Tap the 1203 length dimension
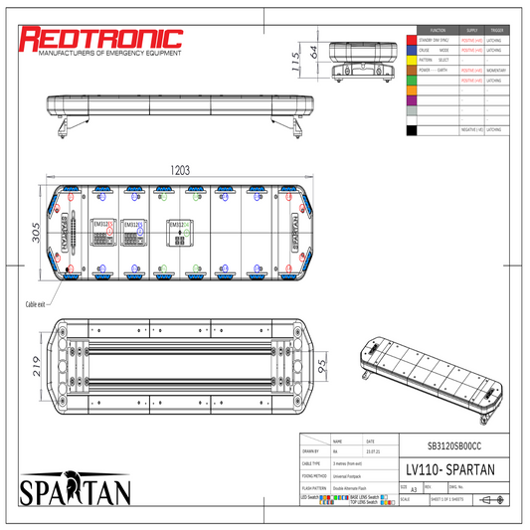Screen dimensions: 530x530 click(x=180, y=170)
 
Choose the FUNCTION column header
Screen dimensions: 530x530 click(x=438, y=31)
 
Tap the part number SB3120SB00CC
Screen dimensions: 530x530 click(x=453, y=445)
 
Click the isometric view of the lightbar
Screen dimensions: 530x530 click(x=428, y=364)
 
